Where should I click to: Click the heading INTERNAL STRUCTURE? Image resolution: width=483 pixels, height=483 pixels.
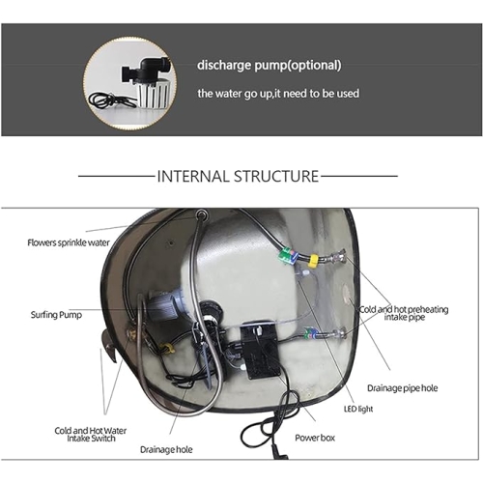coord(238,176)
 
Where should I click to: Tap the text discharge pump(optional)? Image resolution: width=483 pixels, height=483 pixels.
coord(270,65)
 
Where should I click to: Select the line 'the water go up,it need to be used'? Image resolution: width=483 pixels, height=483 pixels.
coord(278,94)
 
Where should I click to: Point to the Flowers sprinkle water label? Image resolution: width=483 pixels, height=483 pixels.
coord(69,242)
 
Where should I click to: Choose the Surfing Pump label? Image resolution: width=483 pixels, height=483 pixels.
coord(56,315)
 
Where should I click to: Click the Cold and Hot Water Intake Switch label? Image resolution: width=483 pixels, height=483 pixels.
coord(91,435)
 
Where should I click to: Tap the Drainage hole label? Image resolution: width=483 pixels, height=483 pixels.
coord(166,449)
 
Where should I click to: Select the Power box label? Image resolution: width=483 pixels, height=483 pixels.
coord(315,438)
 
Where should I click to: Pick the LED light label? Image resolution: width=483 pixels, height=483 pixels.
coord(358,409)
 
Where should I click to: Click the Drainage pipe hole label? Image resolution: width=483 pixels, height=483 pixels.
coord(403,388)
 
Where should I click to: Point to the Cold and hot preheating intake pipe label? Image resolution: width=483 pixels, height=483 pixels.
coord(404,313)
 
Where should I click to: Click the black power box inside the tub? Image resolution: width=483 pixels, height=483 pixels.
coord(260,350)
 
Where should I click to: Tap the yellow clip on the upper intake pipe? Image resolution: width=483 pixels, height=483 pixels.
coord(313,261)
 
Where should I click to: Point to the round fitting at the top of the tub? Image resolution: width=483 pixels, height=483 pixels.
coord(202,213)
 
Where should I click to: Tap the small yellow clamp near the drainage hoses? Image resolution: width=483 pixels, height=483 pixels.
coord(167,348)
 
